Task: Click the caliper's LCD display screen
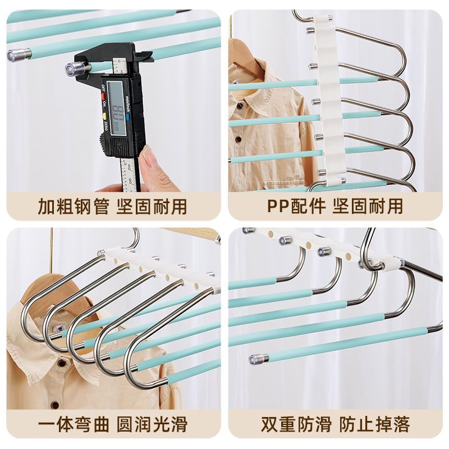click(x=116, y=108)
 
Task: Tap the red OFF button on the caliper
click(x=103, y=94)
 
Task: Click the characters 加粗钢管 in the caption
click(x=74, y=206)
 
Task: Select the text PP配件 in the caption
click(x=296, y=206)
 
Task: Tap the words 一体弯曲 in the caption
click(x=74, y=424)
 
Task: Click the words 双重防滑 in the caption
click(x=296, y=424)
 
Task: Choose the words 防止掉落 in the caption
click(x=374, y=424)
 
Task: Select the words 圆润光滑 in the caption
click(x=152, y=424)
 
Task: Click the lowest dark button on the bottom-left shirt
click(x=54, y=405)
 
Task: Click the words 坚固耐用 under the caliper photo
click(x=152, y=206)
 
